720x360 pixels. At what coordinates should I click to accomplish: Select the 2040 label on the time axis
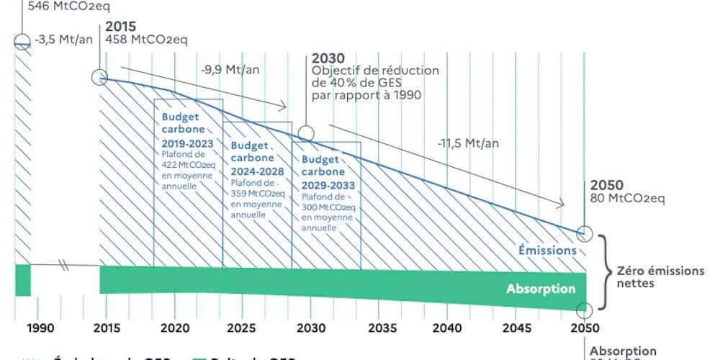pyautogui.click(x=447, y=328)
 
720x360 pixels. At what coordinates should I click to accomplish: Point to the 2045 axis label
pyautogui.click(x=516, y=328)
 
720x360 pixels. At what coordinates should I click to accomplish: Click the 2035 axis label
pyautogui.click(x=379, y=328)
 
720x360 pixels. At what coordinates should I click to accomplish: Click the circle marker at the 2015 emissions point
pyautogui.click(x=99, y=78)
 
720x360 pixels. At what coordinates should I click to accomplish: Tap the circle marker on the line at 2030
pyautogui.click(x=306, y=133)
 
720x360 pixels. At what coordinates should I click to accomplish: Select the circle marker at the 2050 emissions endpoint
pyautogui.click(x=585, y=234)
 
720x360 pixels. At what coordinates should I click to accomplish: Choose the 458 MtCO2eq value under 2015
pyautogui.click(x=146, y=40)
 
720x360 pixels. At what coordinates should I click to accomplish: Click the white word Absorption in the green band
pyautogui.click(x=541, y=289)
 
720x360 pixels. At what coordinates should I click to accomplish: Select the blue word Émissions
pyautogui.click(x=548, y=251)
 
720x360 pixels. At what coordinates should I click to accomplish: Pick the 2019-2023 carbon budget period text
pyautogui.click(x=186, y=143)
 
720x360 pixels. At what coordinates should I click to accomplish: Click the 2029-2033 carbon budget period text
pyautogui.click(x=326, y=185)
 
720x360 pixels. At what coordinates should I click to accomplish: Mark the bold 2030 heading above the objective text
pyautogui.click(x=328, y=58)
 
